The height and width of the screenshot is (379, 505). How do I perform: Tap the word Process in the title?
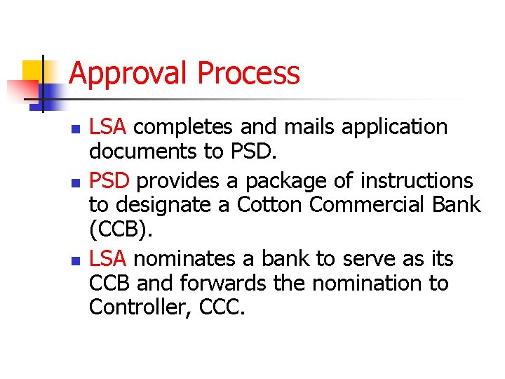click(249, 74)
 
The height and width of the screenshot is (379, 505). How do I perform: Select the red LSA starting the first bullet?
click(108, 127)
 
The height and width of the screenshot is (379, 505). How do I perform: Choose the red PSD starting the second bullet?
click(109, 181)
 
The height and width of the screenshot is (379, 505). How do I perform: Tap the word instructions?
click(417, 181)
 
